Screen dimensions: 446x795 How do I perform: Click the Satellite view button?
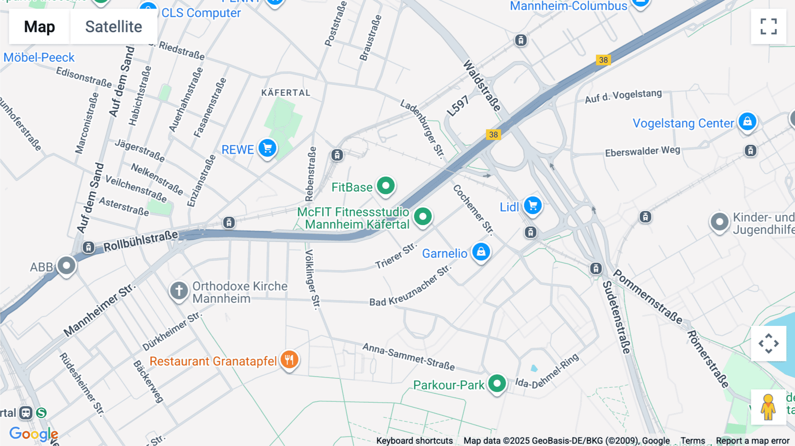point(114,26)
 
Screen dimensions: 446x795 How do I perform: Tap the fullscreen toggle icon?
point(768,26)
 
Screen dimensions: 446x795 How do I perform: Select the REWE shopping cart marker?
point(267,148)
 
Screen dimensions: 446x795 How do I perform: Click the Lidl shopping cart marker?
point(533,206)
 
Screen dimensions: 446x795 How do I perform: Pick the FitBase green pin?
point(386,186)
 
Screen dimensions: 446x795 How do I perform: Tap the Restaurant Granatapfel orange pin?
point(289,360)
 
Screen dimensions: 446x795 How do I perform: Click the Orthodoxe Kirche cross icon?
point(179,291)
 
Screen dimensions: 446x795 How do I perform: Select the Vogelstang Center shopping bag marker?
point(747,121)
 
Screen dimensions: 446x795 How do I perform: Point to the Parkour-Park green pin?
point(497,384)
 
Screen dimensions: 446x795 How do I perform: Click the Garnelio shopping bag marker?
point(481,252)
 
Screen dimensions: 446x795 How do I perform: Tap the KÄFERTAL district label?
point(286,93)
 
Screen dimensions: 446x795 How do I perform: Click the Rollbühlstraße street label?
point(140,241)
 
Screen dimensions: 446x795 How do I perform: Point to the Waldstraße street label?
point(482,86)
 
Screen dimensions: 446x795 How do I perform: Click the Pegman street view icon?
point(768,407)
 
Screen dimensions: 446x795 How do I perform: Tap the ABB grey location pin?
point(67,266)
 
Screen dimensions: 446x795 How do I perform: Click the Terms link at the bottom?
point(693,441)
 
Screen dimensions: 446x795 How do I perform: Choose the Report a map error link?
point(753,441)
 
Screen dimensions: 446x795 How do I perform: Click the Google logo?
point(34,434)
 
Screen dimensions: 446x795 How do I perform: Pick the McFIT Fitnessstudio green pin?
point(423,217)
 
